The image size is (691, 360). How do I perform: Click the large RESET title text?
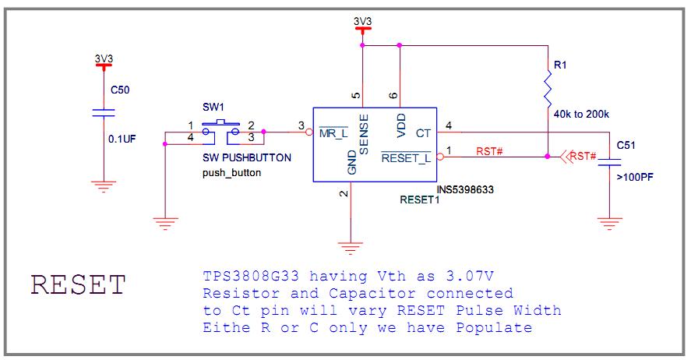click(x=77, y=285)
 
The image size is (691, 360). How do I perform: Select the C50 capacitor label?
click(x=119, y=90)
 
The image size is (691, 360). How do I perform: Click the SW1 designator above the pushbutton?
click(x=212, y=107)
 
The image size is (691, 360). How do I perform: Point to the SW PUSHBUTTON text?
click(x=246, y=158)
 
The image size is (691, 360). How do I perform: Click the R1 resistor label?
click(x=560, y=66)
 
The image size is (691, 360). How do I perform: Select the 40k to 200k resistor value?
click(x=580, y=114)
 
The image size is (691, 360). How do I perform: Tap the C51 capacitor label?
click(x=626, y=146)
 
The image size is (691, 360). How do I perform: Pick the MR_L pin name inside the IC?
click(x=333, y=133)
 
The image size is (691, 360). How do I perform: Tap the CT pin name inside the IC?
click(x=423, y=133)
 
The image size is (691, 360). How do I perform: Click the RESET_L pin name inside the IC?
click(x=406, y=158)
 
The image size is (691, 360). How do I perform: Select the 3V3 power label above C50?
click(x=103, y=58)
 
